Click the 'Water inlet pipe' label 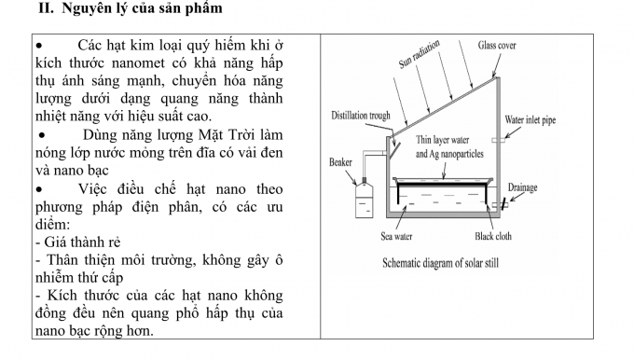[536, 119]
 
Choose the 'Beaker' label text [340, 162]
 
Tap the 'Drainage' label [523, 187]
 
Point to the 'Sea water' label [396, 236]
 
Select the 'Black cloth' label [492, 236]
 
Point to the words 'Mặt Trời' [213, 134]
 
